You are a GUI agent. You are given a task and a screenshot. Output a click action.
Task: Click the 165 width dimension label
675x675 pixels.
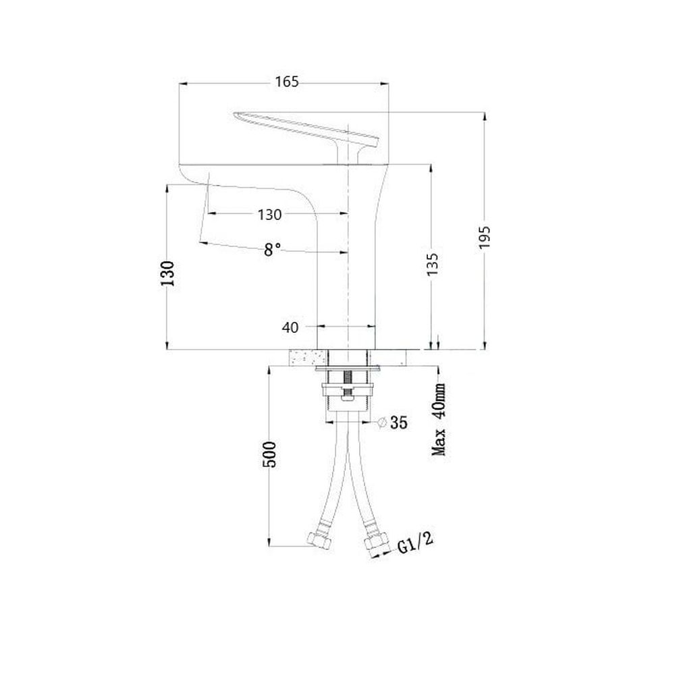[287, 82]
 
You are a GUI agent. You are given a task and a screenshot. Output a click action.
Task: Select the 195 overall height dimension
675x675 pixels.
[485, 237]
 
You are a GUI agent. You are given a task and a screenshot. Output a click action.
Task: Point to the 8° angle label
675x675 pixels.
[272, 250]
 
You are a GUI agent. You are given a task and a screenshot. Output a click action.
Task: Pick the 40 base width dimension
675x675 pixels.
[290, 327]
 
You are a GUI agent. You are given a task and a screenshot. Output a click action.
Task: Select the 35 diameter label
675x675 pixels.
[399, 423]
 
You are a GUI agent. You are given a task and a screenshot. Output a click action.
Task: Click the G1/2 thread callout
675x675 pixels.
[415, 543]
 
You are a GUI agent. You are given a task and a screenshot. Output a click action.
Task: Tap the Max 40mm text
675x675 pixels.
[439, 419]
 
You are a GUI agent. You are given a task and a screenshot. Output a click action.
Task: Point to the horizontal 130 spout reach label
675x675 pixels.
[269, 215]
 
